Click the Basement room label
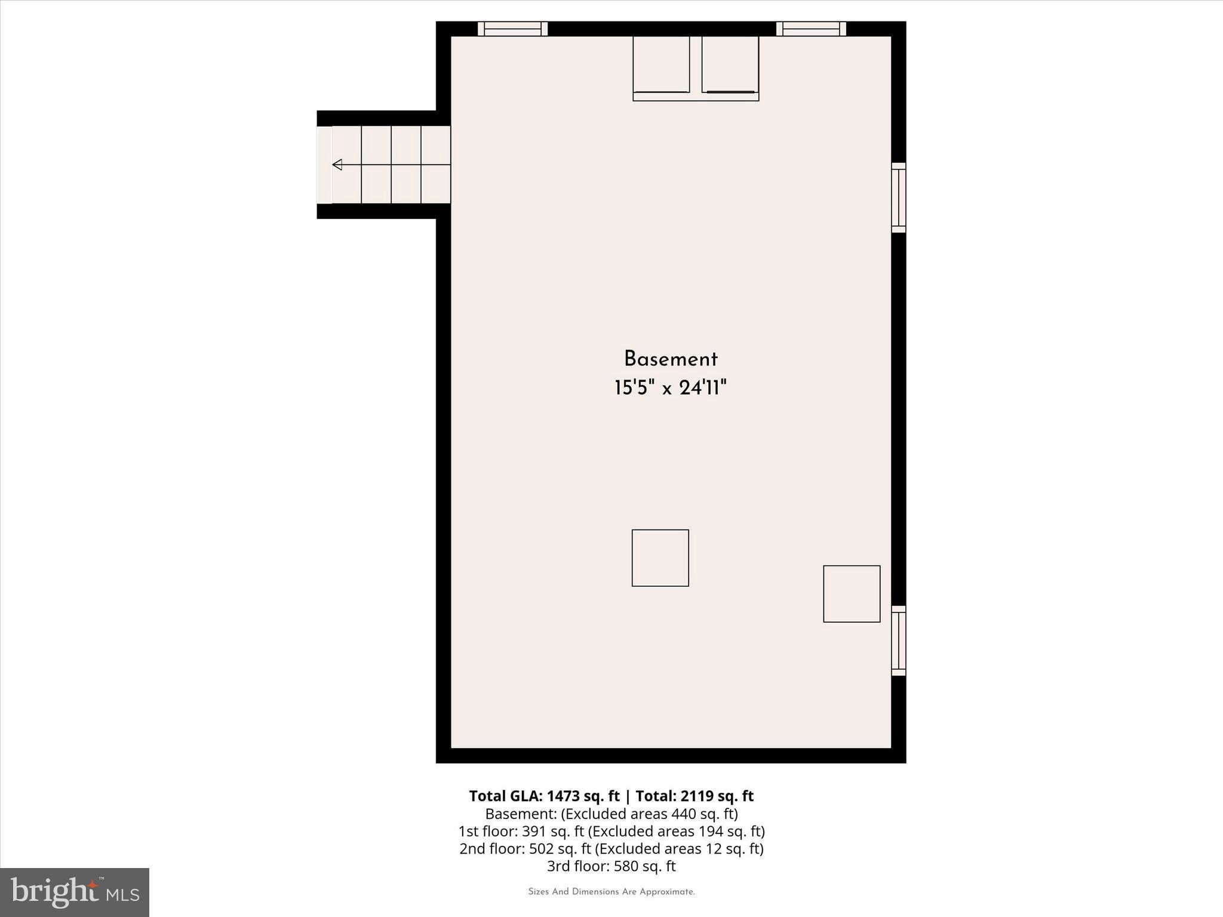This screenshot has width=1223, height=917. pyautogui.click(x=670, y=359)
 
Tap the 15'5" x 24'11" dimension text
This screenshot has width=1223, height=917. pyautogui.click(x=670, y=389)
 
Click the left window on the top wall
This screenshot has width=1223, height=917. pyautogui.click(x=512, y=29)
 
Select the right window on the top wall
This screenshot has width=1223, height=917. pyautogui.click(x=811, y=29)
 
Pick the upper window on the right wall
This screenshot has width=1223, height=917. pyautogui.click(x=898, y=198)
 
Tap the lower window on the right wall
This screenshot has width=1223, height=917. pyautogui.click(x=898, y=641)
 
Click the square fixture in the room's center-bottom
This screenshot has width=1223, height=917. pyautogui.click(x=660, y=558)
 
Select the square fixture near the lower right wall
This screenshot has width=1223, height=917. pyautogui.click(x=852, y=593)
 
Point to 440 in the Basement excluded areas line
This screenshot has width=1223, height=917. pyautogui.click(x=683, y=814)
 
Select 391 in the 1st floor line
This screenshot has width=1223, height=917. pyautogui.click(x=534, y=831)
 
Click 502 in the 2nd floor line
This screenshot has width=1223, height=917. pyautogui.click(x=541, y=848)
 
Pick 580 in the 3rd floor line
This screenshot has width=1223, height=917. pyautogui.click(x=626, y=866)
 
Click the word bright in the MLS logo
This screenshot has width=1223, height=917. pyautogui.click(x=55, y=891)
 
